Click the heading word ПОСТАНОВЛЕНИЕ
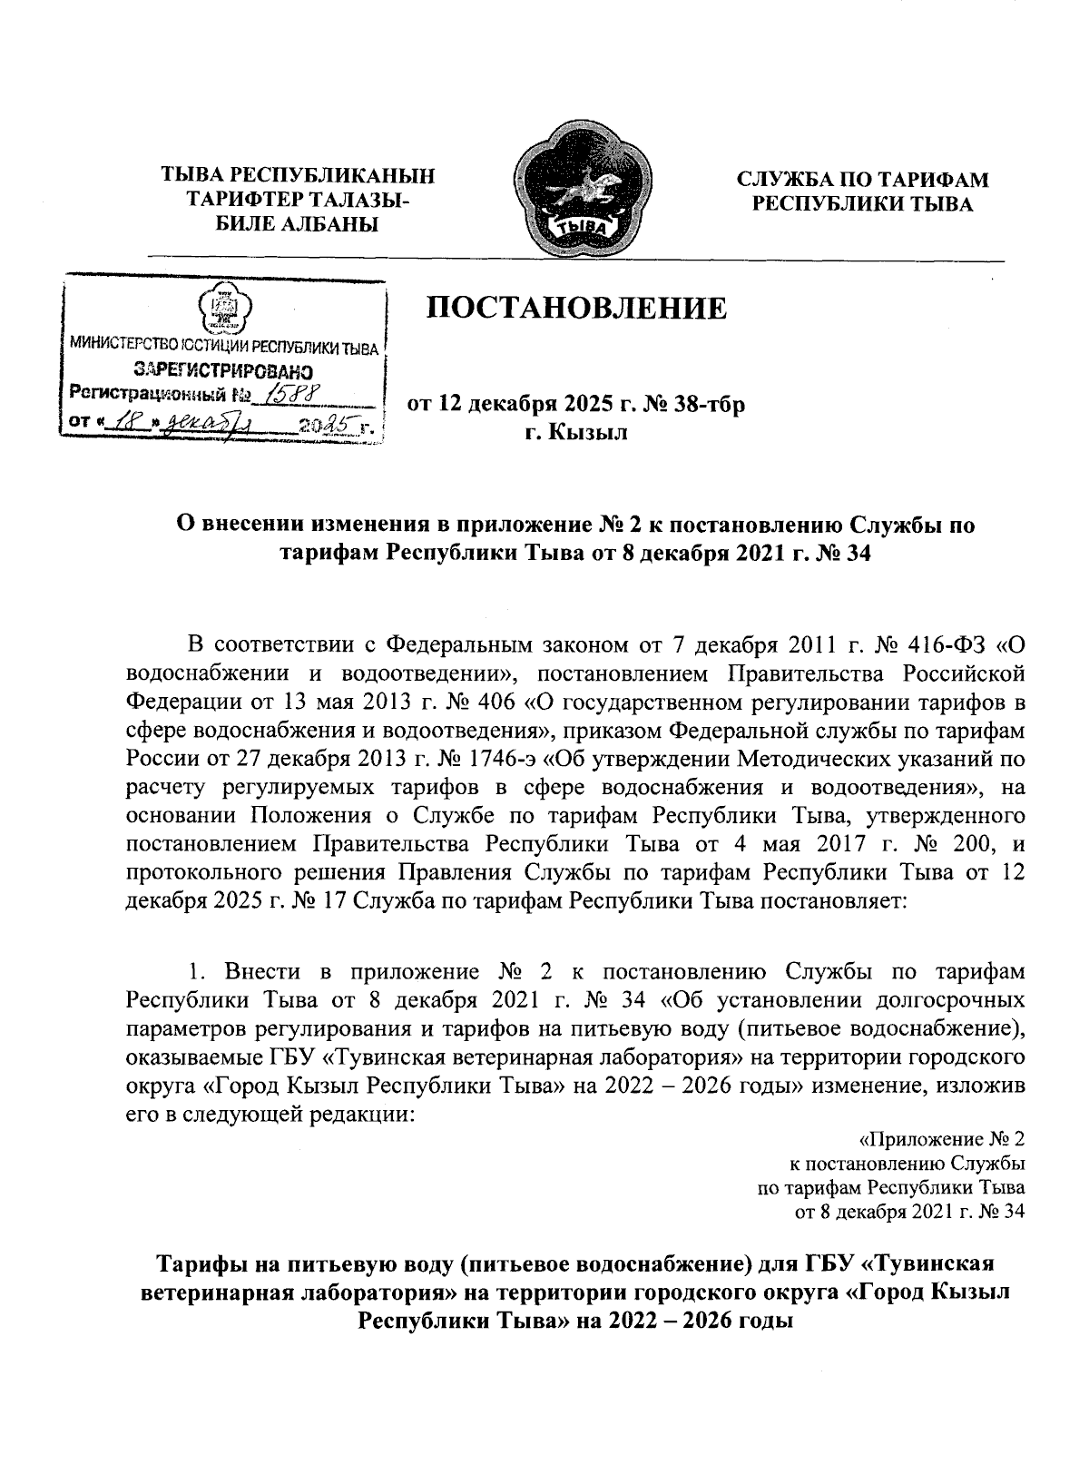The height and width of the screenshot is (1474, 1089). pos(578,308)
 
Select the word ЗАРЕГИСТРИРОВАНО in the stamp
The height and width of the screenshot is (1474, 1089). pos(224,370)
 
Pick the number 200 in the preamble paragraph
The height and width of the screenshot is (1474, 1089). pos(955,843)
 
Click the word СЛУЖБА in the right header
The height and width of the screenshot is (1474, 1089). pos(795,180)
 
